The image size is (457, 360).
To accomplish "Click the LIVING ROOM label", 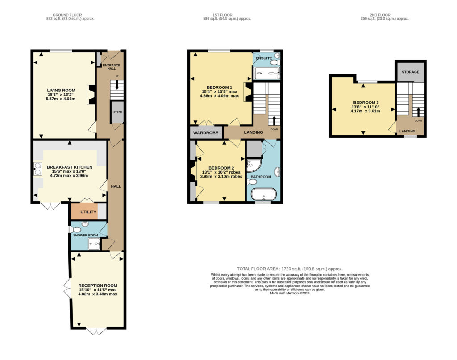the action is point(61,90).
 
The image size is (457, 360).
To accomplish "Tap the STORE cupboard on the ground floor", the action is point(118,112).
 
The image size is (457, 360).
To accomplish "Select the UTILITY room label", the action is point(88,212).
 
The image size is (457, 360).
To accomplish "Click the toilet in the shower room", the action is point(76,229).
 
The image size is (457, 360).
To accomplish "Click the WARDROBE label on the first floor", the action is point(206,133).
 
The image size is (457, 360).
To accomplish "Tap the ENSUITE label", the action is point(264,58).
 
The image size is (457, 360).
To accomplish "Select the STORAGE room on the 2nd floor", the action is point(411,72).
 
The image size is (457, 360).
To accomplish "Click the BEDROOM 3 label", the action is point(366,103).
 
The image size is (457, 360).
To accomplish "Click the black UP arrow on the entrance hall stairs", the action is point(117,85).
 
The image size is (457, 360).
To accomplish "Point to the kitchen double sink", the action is point(37,169).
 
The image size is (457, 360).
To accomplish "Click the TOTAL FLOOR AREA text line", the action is point(290,269).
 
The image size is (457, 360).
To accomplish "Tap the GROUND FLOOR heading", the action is point(67,15).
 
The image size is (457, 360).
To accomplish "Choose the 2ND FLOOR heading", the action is point(380,15).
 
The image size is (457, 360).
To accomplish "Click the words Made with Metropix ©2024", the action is point(290,293).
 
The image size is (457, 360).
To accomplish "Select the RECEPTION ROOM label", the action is point(98,286).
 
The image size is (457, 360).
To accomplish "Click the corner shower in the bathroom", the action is point(253,166).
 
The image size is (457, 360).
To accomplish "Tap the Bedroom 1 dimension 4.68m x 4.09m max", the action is point(220,96).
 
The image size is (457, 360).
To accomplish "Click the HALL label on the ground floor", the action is point(116,186).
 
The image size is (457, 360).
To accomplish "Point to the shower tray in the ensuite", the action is point(267,74).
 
